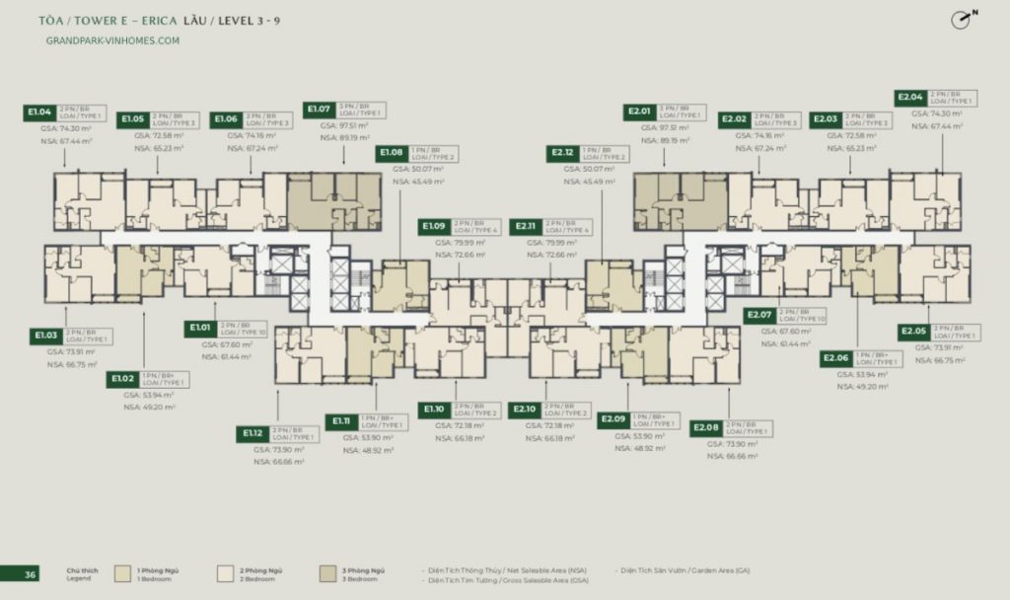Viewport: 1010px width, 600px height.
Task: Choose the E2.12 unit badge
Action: [563, 154]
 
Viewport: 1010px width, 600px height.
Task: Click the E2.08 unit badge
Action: [706, 428]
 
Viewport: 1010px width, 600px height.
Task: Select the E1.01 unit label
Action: [201, 328]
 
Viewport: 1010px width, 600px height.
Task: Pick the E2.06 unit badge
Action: [835, 358]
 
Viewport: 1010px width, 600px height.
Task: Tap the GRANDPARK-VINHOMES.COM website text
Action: [112, 40]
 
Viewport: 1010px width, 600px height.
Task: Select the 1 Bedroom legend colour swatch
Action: [123, 573]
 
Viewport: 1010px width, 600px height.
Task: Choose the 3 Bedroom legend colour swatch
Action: [327, 573]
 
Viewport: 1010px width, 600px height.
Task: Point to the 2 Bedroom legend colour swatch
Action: [226, 573]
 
